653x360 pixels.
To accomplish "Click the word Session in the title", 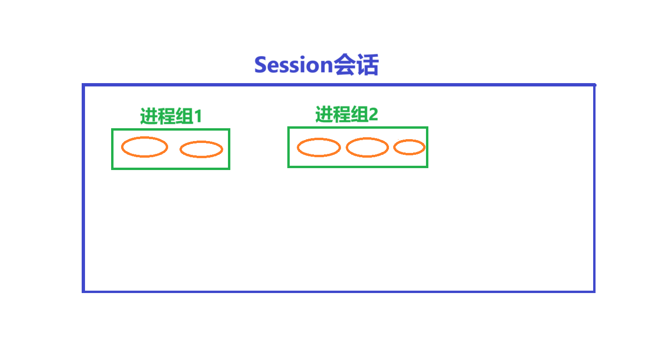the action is (x=293, y=65).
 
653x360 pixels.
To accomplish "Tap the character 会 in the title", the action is (x=344, y=65).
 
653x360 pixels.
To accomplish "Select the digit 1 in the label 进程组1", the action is (x=198, y=116).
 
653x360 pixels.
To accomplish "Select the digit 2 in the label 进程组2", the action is (x=373, y=114).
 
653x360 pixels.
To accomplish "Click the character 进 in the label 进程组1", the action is (x=149, y=116).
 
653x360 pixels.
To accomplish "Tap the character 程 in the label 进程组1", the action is (x=167, y=116).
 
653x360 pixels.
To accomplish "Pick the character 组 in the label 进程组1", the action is (x=185, y=116).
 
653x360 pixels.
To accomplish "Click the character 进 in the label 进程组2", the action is (x=324, y=114).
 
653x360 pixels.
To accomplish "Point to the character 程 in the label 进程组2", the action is (x=341, y=114).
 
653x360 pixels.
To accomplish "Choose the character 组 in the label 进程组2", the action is (x=360, y=114).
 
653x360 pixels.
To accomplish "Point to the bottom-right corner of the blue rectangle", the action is (x=594, y=292).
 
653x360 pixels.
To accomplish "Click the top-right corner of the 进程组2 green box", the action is (x=427, y=127).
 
